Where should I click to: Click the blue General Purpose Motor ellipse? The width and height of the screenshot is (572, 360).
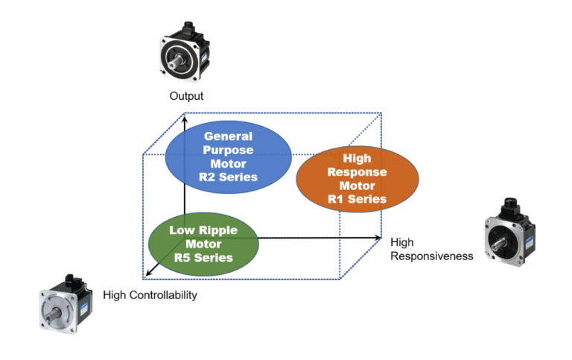(228, 156)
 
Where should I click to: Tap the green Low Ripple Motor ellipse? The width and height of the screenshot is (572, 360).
(203, 243)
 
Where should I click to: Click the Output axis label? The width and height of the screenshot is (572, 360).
(186, 96)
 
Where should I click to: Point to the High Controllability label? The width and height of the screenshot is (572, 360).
(150, 295)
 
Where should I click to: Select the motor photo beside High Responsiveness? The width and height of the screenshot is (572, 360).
(511, 233)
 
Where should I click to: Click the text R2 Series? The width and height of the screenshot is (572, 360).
(228, 177)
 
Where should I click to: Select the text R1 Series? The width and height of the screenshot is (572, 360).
(357, 199)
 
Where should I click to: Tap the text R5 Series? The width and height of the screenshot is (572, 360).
(203, 258)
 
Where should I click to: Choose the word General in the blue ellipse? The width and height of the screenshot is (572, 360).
(228, 136)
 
